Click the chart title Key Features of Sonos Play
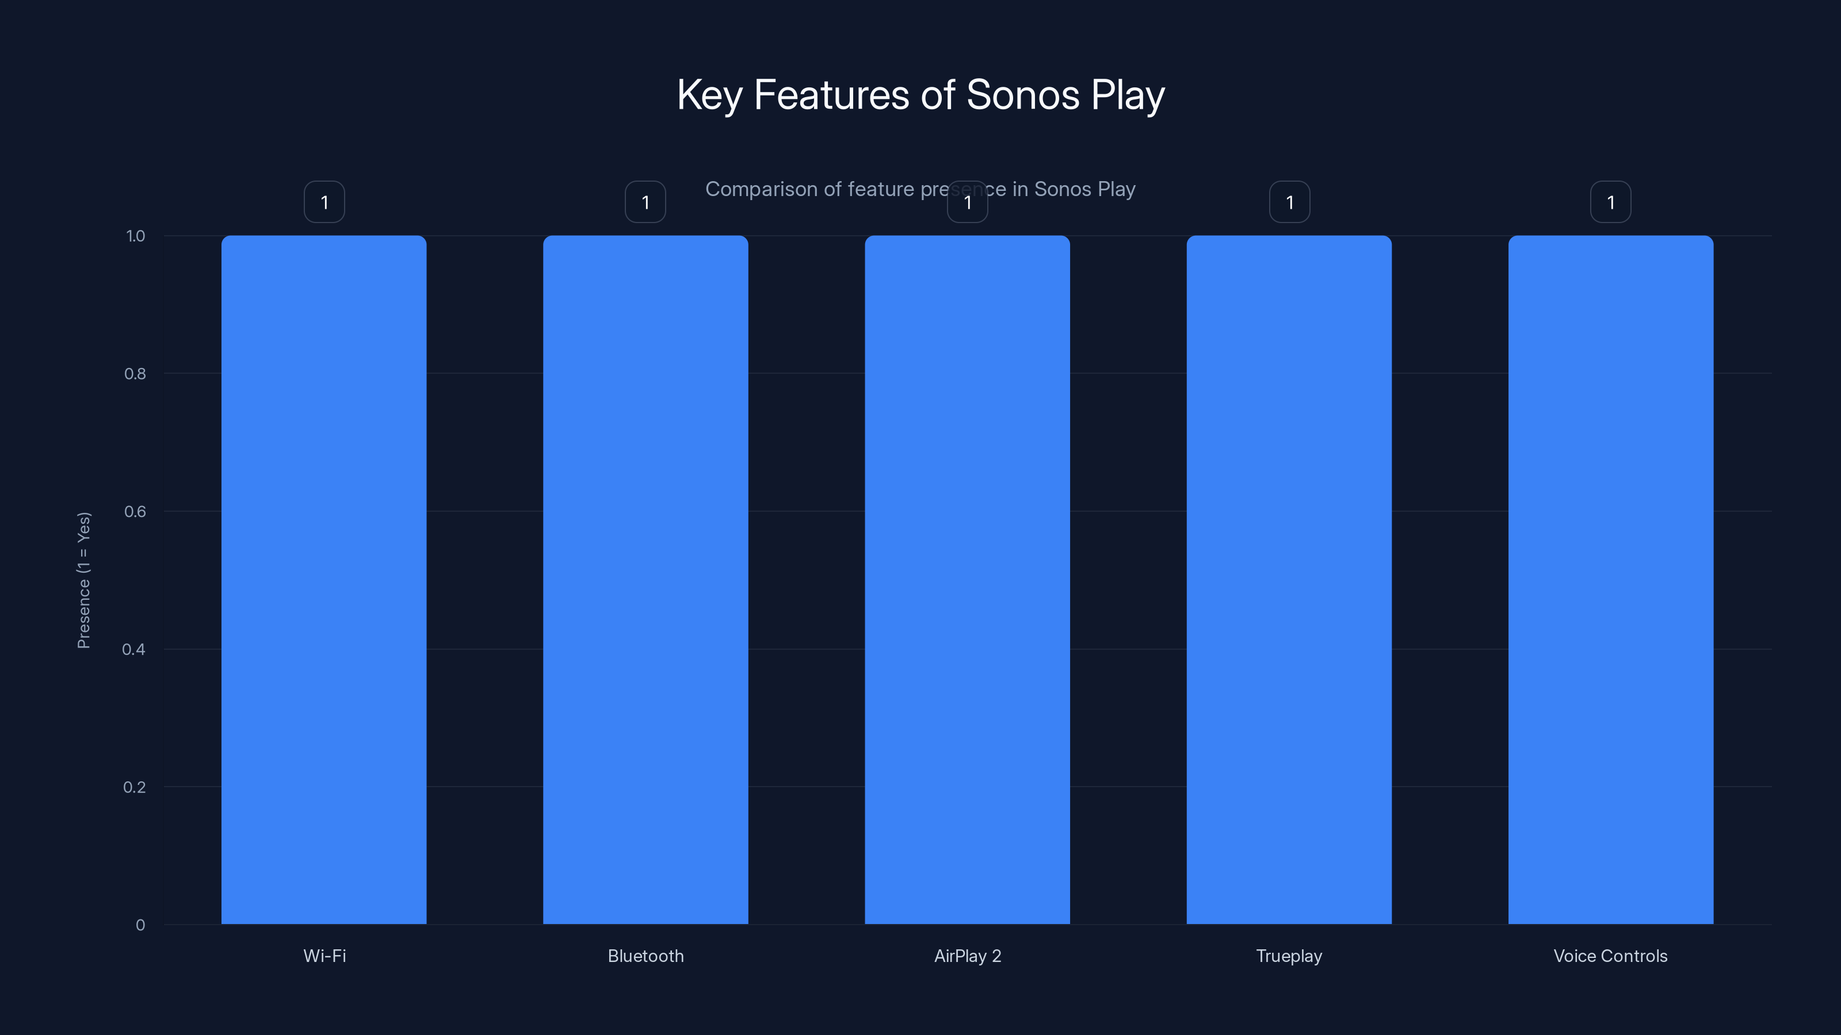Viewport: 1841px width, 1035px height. tap(920, 95)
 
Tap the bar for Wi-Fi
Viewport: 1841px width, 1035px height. tap(324, 579)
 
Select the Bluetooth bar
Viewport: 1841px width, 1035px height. tap(646, 579)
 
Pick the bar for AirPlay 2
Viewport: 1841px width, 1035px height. tap(967, 579)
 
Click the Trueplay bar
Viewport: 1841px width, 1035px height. tap(1289, 579)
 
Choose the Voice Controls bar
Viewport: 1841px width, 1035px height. tap(1610, 579)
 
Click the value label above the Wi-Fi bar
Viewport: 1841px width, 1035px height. tap(324, 202)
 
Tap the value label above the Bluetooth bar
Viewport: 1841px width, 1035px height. tap(646, 202)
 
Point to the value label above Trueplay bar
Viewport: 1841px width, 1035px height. tap(1289, 202)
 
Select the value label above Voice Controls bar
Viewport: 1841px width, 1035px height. tap(1610, 202)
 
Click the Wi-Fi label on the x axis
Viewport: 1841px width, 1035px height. tap(324, 956)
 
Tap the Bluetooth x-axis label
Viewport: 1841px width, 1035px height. tap(646, 956)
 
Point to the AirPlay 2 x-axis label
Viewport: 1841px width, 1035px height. tap(968, 956)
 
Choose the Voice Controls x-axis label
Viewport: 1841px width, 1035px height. tap(1610, 956)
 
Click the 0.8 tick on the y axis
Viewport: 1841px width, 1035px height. tap(135, 374)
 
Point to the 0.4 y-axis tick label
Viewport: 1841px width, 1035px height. tap(133, 649)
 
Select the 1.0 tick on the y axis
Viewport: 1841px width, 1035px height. tap(135, 236)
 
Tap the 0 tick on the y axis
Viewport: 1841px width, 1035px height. tap(140, 925)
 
